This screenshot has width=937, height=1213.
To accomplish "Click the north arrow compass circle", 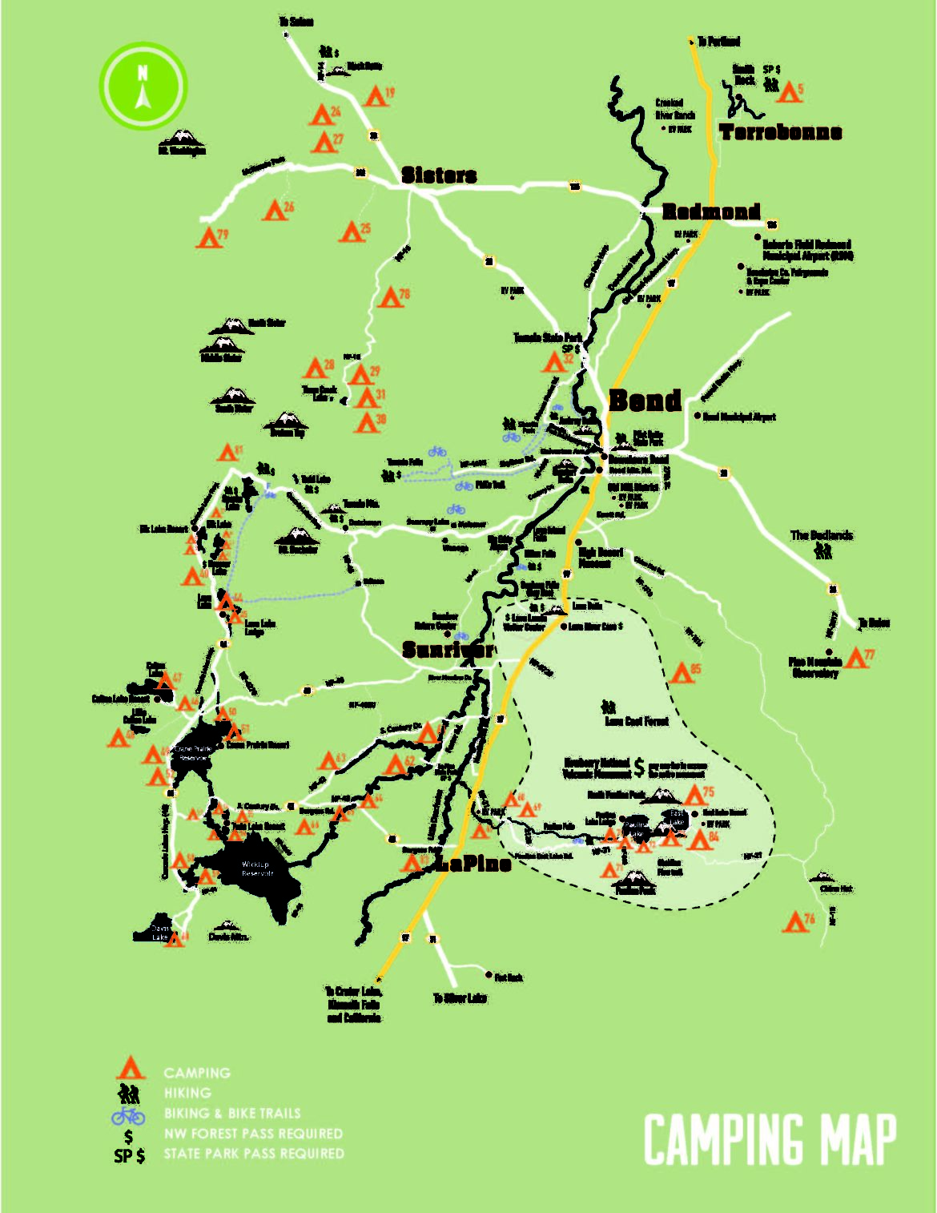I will pyautogui.click(x=143, y=86).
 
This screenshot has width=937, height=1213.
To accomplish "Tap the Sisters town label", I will pyautogui.click(x=439, y=175).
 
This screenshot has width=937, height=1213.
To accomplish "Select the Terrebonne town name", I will pyautogui.click(x=780, y=132).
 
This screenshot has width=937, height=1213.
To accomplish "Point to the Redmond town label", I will pyautogui.click(x=711, y=212).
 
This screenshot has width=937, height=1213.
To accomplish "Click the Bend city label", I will pyautogui.click(x=645, y=401).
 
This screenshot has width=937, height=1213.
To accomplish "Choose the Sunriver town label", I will pyautogui.click(x=448, y=650).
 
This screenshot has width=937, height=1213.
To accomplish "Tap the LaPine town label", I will pyautogui.click(x=473, y=864).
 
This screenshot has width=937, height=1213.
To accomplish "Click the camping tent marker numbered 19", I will pyautogui.click(x=375, y=97).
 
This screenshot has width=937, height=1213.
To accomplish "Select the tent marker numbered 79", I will pyautogui.click(x=210, y=238).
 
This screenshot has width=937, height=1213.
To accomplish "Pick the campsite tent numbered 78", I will pyautogui.click(x=390, y=298).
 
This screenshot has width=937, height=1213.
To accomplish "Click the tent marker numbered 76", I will pyautogui.click(x=794, y=922).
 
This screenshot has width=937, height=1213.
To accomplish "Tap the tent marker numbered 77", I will pyautogui.click(x=855, y=659).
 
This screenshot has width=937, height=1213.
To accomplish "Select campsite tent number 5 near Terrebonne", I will pyautogui.click(x=788, y=92).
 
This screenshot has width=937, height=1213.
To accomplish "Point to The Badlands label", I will pyautogui.click(x=822, y=535).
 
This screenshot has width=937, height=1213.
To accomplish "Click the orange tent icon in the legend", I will pyautogui.click(x=130, y=1068).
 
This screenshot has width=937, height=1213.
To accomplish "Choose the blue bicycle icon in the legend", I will pyautogui.click(x=128, y=1114).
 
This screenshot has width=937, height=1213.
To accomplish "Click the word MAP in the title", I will pyautogui.click(x=851, y=1139).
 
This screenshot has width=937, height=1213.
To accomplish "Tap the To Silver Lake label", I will pyautogui.click(x=460, y=998).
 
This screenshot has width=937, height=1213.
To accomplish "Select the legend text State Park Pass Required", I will pyautogui.click(x=254, y=1154).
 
